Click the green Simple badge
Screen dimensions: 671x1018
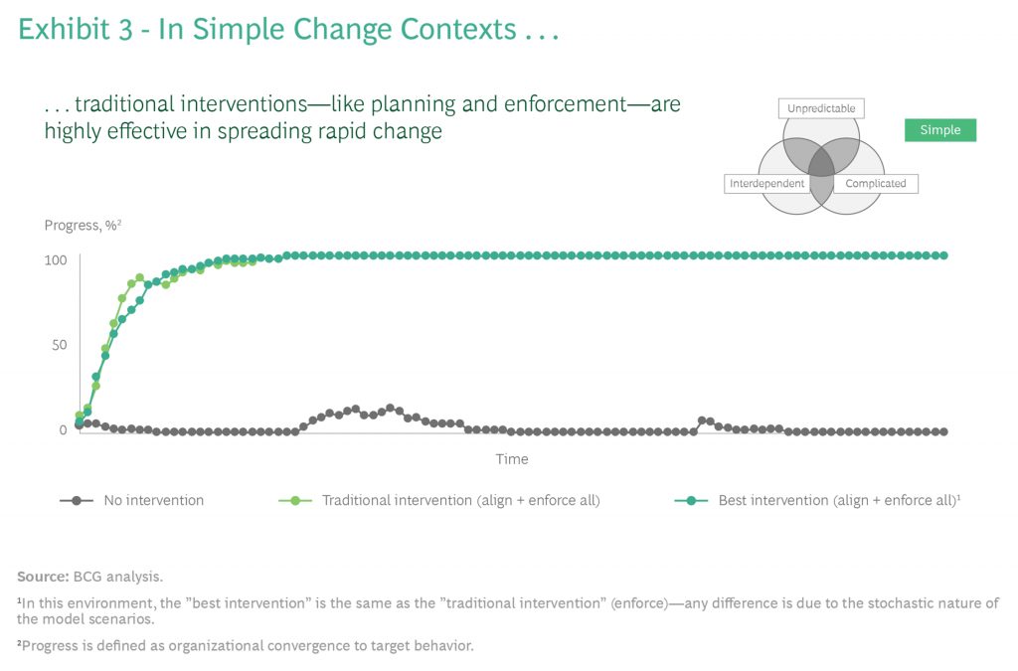(939, 130)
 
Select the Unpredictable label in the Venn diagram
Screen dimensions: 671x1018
(820, 108)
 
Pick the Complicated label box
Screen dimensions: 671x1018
(875, 184)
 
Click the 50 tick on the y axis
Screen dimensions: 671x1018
(58, 345)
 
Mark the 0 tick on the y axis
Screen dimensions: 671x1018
(62, 430)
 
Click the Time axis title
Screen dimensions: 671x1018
(512, 459)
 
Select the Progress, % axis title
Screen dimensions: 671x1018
(83, 226)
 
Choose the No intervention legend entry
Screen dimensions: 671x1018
(153, 500)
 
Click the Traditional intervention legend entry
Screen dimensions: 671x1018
(460, 500)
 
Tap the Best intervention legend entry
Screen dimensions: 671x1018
(838, 500)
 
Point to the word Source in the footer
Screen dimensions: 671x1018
(42, 577)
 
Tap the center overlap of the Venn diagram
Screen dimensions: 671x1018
(820, 162)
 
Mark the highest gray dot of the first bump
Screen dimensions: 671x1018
(390, 408)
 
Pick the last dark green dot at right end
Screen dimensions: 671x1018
(943, 255)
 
